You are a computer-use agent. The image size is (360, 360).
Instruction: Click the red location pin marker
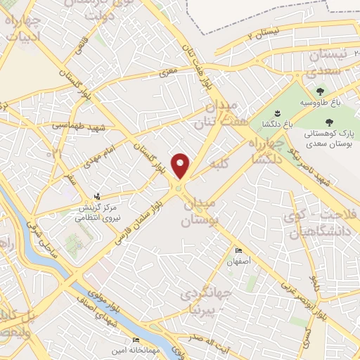click(x=181, y=166)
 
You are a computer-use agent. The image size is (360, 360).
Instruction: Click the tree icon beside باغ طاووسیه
click(x=321, y=91)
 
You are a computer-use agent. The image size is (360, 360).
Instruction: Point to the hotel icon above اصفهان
click(x=238, y=250)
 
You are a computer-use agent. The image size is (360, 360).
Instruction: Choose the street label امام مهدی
click(x=108, y=152)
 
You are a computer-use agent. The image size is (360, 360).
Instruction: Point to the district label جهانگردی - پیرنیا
click(x=204, y=300)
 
